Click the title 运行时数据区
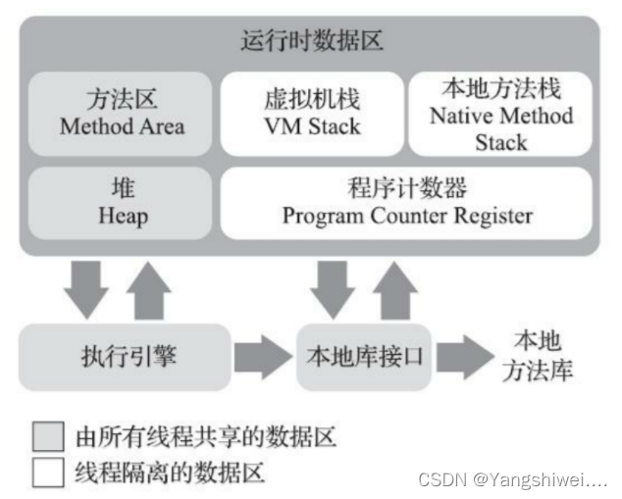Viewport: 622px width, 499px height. (311, 42)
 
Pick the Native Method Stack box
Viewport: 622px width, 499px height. (501, 114)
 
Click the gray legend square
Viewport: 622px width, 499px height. (48, 434)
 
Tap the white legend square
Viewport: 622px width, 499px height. (48, 474)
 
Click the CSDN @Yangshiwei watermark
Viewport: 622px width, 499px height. (512, 479)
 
